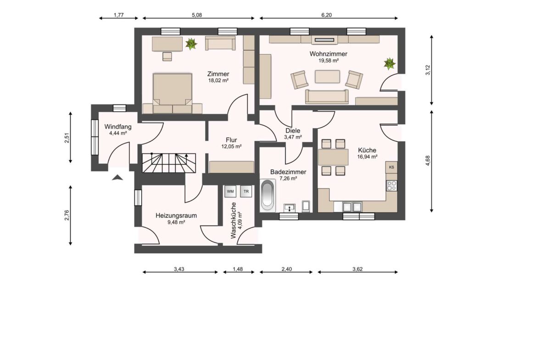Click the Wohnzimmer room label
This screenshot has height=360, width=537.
[x=328, y=54]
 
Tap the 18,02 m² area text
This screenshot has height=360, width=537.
[x=218, y=80]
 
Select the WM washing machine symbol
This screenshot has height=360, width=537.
[x=230, y=191]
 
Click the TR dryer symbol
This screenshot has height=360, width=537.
[x=246, y=191]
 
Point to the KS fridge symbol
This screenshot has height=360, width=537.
[x=391, y=167]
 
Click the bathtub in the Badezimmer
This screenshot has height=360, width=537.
[x=267, y=195]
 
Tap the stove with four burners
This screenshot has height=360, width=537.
[x=392, y=186]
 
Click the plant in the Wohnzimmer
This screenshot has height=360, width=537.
[x=390, y=63]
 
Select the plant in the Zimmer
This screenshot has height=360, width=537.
[x=191, y=44]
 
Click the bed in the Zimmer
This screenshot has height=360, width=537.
[x=172, y=92]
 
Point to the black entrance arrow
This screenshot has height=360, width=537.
[x=117, y=177]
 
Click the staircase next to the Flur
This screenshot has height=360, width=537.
[x=168, y=163]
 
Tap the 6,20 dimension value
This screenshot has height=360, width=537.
[x=326, y=15]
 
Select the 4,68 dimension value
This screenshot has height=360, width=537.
[x=428, y=161]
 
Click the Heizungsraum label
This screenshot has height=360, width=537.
[x=170, y=215]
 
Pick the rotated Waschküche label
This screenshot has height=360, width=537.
[x=234, y=220]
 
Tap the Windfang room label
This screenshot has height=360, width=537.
[x=117, y=127]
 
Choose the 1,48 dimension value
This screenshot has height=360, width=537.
[x=238, y=269]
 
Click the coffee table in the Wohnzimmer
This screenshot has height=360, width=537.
[x=327, y=76]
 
